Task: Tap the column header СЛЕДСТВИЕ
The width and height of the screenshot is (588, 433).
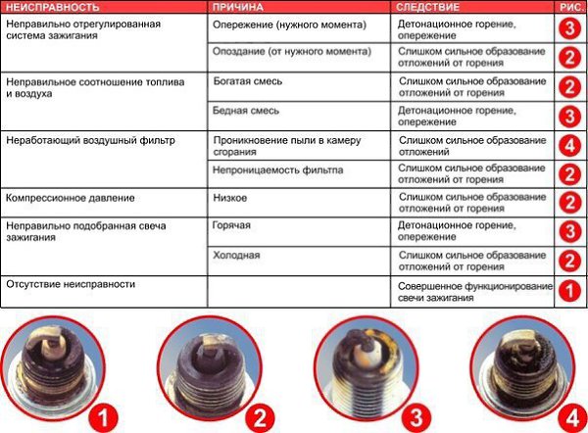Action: pyautogui.click(x=429, y=7)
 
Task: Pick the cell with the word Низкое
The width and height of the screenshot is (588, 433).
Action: pyautogui.click(x=229, y=199)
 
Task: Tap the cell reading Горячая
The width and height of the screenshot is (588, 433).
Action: pyautogui.click(x=232, y=226)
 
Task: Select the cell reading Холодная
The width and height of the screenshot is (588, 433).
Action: pyautogui.click(x=236, y=256)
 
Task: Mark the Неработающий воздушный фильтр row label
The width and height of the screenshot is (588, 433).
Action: pyautogui.click(x=90, y=141)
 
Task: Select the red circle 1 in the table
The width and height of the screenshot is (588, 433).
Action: pyautogui.click(x=568, y=289)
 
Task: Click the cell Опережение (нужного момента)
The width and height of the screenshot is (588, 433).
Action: pyautogui.click(x=276, y=25)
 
